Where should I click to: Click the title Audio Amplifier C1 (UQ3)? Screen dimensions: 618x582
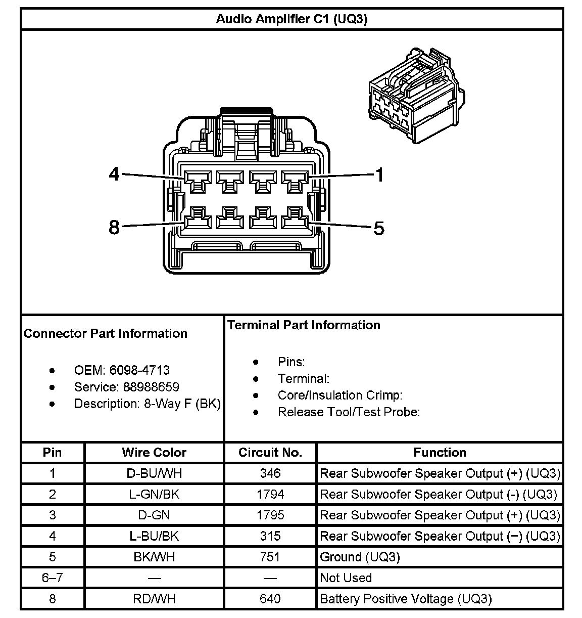[292, 19]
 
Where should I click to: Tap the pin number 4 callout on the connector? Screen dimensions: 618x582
[115, 174]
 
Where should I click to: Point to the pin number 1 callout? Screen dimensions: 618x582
[379, 175]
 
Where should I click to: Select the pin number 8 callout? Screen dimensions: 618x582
[115, 228]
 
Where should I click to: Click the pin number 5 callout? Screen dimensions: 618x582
[379, 229]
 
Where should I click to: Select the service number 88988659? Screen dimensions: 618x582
[151, 387]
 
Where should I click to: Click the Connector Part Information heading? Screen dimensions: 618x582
[106, 333]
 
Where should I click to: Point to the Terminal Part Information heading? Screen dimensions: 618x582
[304, 325]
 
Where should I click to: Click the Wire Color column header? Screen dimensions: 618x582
[154, 452]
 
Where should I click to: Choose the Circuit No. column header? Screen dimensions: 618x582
[270, 452]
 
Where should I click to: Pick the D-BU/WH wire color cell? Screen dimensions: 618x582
[154, 473]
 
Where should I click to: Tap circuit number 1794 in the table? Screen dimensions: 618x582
[270, 494]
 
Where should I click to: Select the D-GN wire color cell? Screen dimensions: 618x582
[154, 515]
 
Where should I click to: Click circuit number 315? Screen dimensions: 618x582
[270, 536]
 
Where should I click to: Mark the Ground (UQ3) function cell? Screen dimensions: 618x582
[360, 557]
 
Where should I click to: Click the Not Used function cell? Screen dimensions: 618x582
[346, 578]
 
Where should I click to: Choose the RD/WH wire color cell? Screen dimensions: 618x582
[154, 599]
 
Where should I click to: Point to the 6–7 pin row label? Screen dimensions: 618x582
[53, 578]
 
